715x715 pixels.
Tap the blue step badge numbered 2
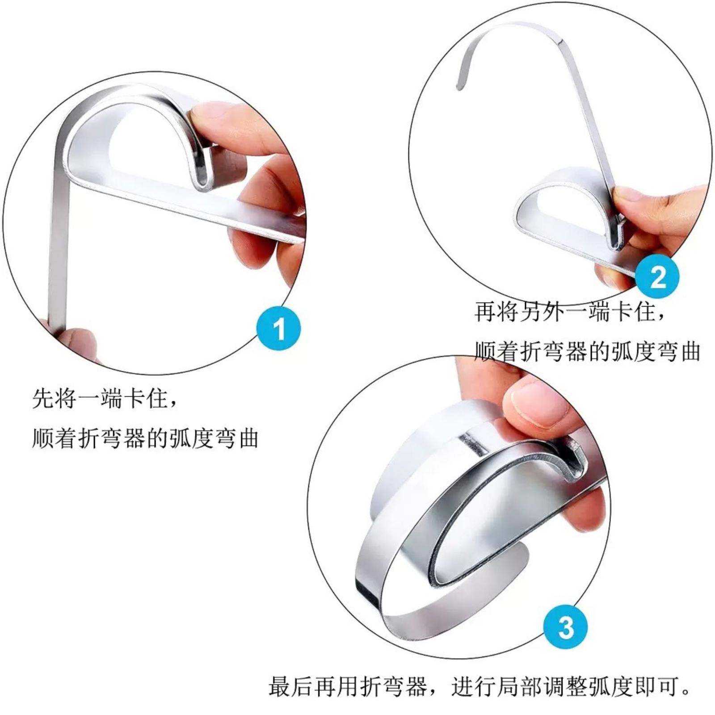(656, 277)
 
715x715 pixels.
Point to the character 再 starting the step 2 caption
(485, 311)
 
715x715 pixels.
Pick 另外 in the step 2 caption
(542, 311)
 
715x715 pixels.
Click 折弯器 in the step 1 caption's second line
(111, 438)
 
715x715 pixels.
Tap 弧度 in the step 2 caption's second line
(632, 352)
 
